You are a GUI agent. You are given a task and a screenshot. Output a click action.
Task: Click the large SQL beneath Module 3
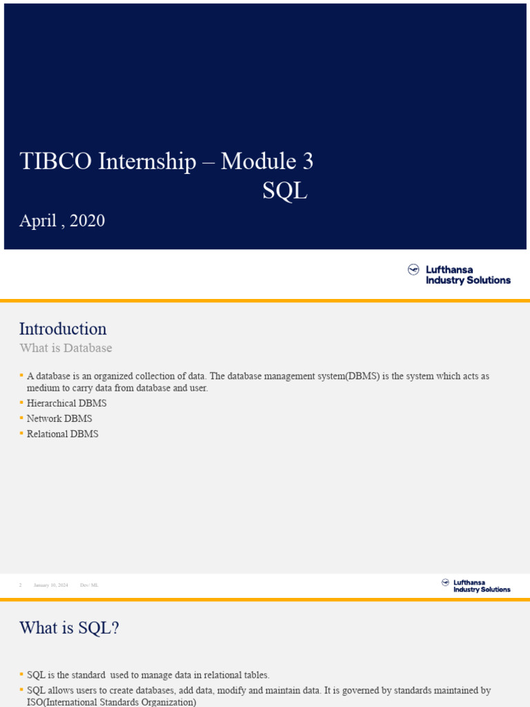(x=284, y=191)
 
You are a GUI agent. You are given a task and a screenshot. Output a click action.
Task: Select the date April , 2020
(x=62, y=221)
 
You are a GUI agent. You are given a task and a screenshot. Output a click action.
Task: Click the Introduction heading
(x=63, y=329)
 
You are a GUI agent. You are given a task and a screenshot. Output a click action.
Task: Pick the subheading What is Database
(x=66, y=348)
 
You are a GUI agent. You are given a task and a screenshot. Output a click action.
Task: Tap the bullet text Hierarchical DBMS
(x=67, y=403)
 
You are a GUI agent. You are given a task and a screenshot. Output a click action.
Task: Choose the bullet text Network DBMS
(x=59, y=418)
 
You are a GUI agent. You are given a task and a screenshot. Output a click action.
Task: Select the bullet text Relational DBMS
(x=63, y=434)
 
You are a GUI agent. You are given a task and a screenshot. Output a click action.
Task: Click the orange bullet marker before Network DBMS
(x=21, y=418)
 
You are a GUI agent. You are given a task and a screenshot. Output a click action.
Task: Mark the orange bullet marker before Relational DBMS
(x=21, y=434)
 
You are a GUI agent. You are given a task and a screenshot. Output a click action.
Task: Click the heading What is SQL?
(x=69, y=628)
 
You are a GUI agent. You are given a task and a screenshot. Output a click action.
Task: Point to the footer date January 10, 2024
(x=51, y=585)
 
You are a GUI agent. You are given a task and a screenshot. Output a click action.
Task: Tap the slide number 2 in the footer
(x=21, y=585)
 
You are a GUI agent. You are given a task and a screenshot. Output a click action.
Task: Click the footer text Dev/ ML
(x=89, y=585)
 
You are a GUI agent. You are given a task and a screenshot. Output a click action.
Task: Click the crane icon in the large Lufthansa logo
(x=414, y=270)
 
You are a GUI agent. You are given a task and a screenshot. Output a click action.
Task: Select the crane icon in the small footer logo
(x=445, y=583)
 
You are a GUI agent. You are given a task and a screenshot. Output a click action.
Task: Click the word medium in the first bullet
(x=43, y=388)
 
